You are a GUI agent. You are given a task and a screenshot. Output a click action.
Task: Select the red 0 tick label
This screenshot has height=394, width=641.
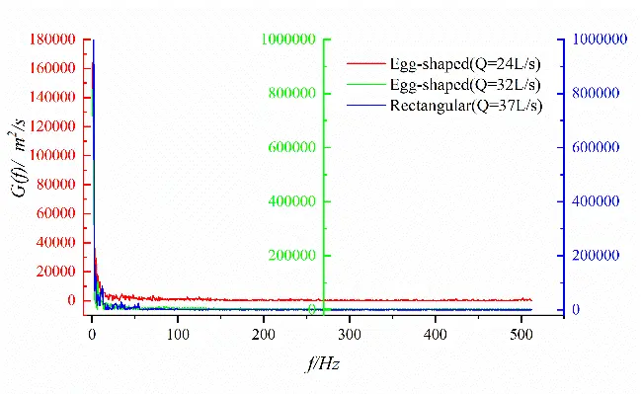pyautogui.click(x=71, y=300)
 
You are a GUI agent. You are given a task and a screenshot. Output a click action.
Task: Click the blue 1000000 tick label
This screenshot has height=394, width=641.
pyautogui.click(x=597, y=39)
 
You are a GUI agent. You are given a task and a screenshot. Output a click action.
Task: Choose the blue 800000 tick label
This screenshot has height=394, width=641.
pyautogui.click(x=594, y=94)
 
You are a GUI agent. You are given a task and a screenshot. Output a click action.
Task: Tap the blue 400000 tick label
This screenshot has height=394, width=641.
pyautogui.click(x=594, y=201)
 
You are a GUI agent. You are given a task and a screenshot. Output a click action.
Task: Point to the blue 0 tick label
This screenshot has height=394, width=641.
pyautogui.click(x=577, y=310)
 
